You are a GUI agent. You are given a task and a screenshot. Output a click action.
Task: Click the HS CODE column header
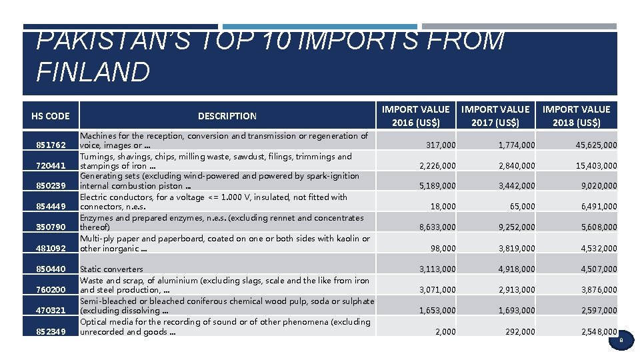[x=50, y=116]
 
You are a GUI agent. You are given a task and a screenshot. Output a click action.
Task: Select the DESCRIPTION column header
[x=227, y=116]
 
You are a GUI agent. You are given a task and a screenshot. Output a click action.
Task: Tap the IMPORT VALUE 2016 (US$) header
[x=415, y=116]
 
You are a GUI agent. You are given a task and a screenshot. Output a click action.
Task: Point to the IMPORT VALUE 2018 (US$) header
[x=576, y=116]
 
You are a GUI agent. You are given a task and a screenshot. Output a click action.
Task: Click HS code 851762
[x=51, y=145]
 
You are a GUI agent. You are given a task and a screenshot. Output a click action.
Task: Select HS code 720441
[x=51, y=166]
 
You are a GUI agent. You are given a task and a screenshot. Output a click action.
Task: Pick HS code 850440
[x=51, y=269]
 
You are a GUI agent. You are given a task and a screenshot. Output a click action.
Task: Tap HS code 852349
[x=51, y=331]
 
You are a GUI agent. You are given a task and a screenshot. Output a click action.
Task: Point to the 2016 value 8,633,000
[x=437, y=227]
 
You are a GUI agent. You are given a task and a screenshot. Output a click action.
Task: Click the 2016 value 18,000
[x=443, y=207]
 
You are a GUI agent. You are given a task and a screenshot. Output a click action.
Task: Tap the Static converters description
[x=111, y=269]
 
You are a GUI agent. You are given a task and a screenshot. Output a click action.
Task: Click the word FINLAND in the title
[x=93, y=71]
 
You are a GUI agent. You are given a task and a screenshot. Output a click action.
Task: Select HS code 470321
[x=51, y=311]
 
